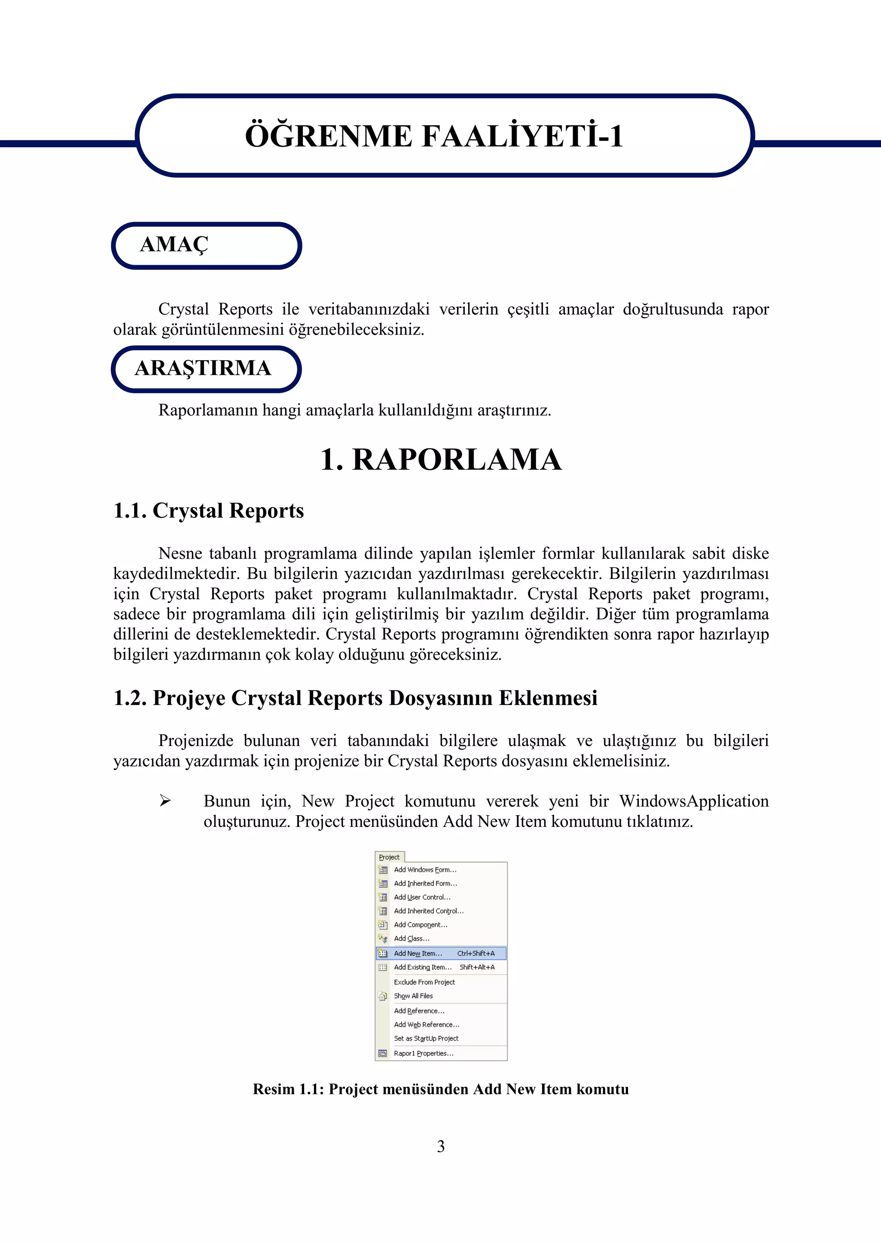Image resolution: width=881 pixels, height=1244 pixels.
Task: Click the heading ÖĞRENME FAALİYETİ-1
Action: click(x=434, y=136)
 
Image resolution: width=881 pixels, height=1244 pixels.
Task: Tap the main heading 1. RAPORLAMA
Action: click(x=440, y=460)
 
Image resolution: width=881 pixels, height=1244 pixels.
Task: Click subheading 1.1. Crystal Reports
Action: click(x=208, y=511)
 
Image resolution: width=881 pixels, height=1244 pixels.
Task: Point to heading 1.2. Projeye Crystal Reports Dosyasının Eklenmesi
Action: click(x=355, y=698)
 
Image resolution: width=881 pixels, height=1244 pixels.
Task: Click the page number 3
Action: click(x=440, y=1146)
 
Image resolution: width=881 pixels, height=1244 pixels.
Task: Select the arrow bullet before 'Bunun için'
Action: click(x=165, y=801)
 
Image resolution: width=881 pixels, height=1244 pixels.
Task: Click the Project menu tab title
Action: click(x=389, y=857)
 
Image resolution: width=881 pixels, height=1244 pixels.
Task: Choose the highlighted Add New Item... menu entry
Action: click(x=418, y=953)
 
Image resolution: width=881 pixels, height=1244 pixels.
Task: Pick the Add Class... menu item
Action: click(x=412, y=938)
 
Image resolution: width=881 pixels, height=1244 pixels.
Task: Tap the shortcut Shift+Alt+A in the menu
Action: click(x=477, y=967)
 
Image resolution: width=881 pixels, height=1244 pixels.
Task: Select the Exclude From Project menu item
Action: click(x=424, y=982)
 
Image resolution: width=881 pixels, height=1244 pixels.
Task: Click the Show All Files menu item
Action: click(x=413, y=996)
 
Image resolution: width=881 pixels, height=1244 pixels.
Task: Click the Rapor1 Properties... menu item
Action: click(x=424, y=1053)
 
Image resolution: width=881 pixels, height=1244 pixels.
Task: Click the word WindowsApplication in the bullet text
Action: click(x=694, y=801)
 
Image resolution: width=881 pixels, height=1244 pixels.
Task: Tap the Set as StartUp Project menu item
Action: click(x=426, y=1038)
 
